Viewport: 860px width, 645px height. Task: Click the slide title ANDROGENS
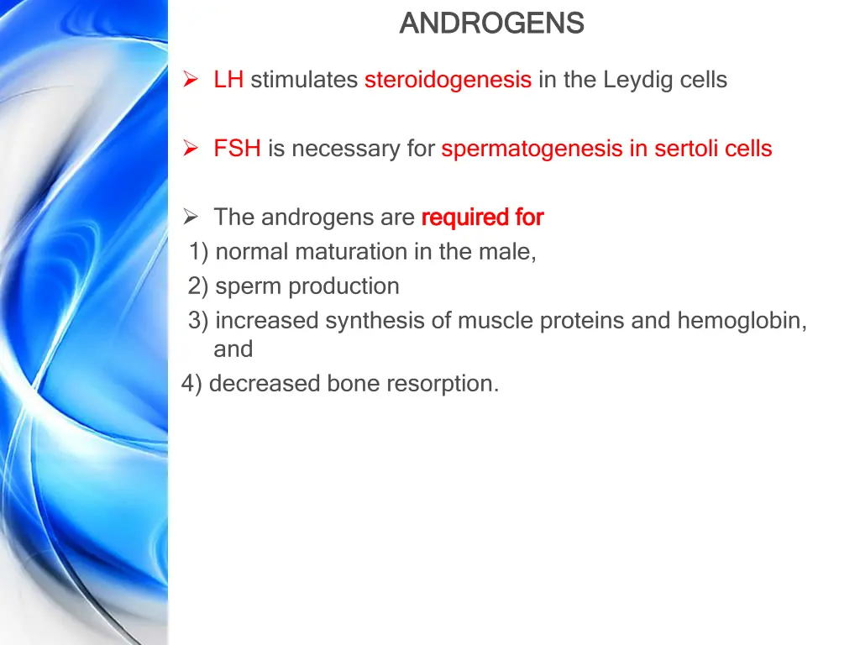[x=491, y=24]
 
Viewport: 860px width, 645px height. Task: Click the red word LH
[x=228, y=81]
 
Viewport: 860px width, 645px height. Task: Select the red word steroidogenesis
[x=448, y=81]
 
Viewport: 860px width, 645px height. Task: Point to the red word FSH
[x=237, y=149]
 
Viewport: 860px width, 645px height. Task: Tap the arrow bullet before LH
[x=191, y=81]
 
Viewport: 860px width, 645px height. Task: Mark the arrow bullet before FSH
[x=191, y=149]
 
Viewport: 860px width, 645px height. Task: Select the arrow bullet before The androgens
[x=191, y=218]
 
